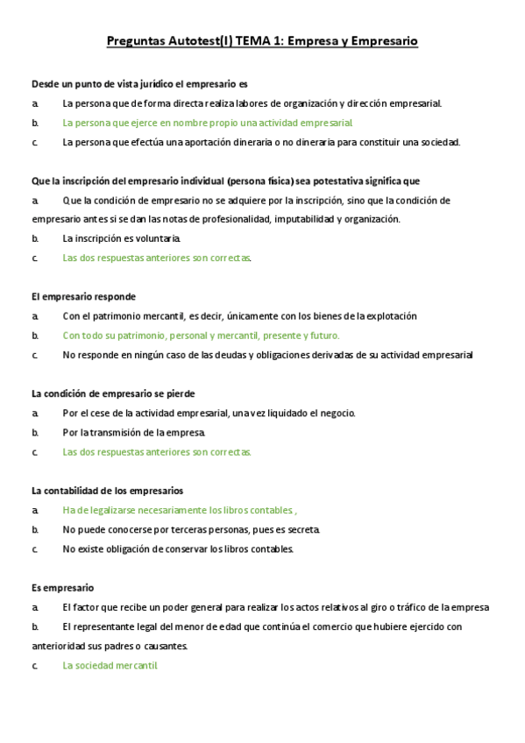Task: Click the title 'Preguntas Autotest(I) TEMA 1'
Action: point(202,40)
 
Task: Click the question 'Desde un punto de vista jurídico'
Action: point(139,84)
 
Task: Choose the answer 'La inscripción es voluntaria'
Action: point(122,238)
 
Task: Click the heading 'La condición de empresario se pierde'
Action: point(113,393)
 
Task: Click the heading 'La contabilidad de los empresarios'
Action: point(107,491)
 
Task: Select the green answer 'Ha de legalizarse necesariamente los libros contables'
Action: point(180,510)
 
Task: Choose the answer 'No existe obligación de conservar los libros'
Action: point(178,548)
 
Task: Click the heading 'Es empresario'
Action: point(62,588)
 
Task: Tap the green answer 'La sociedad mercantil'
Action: point(110,665)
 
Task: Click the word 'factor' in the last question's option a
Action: point(84,607)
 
